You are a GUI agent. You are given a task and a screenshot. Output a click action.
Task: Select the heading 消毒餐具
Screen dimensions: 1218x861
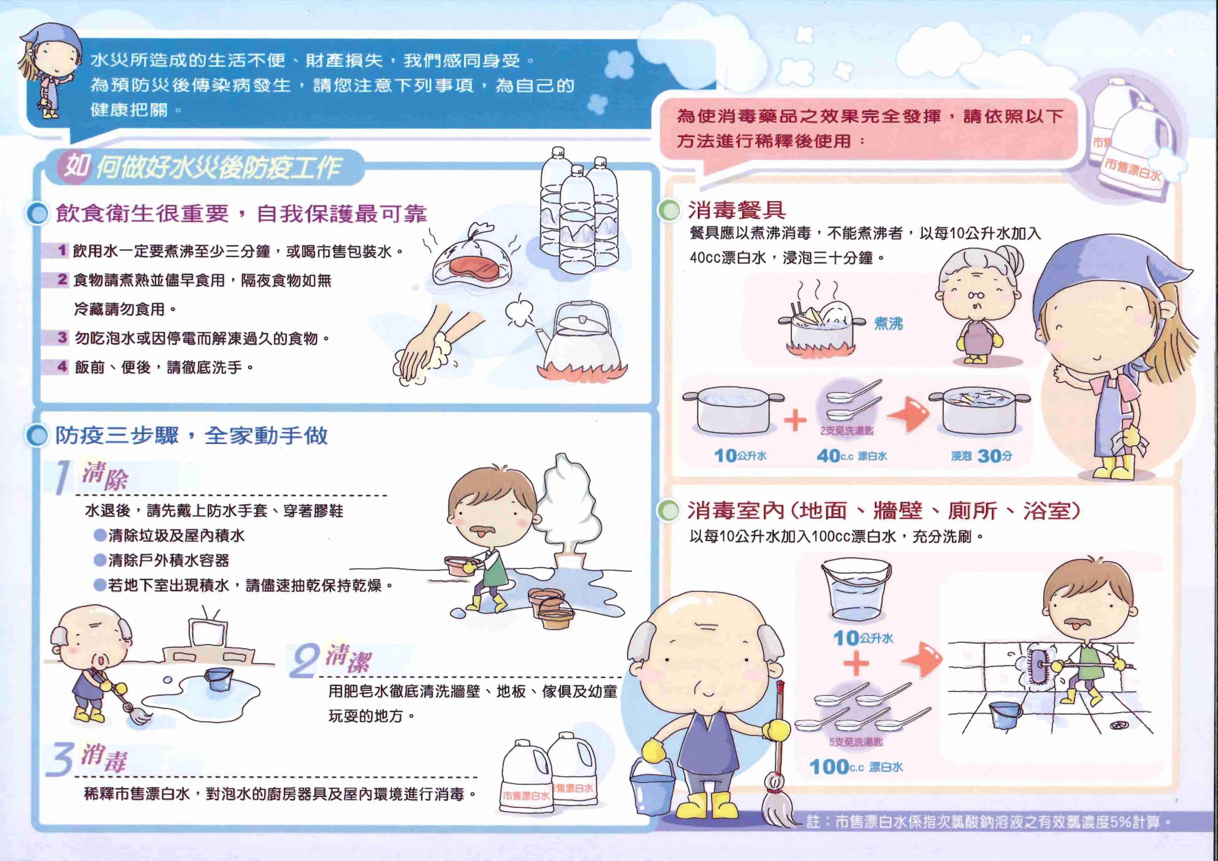737,211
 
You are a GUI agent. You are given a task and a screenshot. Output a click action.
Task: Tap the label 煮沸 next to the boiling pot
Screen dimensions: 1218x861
888,323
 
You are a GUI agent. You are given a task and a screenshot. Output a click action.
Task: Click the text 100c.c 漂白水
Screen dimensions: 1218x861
856,767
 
